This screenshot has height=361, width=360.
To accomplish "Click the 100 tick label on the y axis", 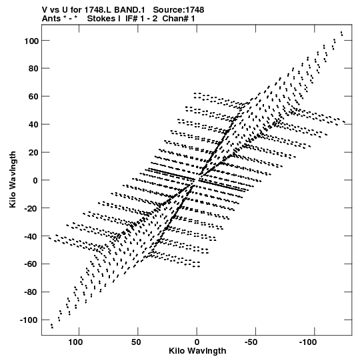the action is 31,41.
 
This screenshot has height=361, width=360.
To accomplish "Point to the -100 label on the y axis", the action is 29,320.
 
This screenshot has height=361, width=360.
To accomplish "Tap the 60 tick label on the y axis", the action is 33,97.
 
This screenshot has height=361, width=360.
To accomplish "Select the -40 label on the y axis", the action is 31,236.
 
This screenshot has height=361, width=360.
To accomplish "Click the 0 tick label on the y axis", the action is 35,180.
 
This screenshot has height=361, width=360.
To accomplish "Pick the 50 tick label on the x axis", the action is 136,342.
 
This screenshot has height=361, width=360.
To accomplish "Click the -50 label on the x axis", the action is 251,342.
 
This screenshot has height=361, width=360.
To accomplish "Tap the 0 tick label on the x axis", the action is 197,342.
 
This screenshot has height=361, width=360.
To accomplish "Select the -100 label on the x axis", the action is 308,342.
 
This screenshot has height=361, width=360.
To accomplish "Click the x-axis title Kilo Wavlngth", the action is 197,351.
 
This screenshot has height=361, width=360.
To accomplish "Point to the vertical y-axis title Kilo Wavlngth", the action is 13,179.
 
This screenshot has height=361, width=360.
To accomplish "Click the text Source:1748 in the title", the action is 179,10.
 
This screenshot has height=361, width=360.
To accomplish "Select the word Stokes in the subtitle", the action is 104,19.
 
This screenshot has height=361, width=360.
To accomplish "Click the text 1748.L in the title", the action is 98,10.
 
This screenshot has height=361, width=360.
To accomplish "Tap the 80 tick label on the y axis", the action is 33,69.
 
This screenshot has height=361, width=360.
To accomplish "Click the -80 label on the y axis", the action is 31,292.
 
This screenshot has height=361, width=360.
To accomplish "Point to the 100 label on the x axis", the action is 75,342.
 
